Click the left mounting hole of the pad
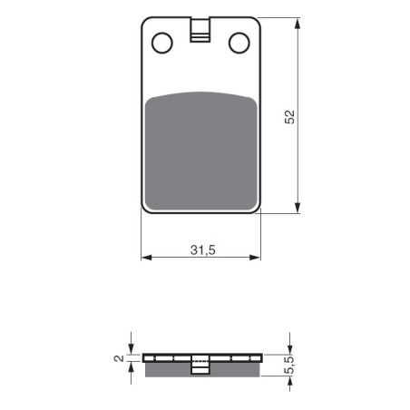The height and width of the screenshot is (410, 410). (x=162, y=43)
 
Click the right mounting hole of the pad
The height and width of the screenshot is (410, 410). (x=239, y=43)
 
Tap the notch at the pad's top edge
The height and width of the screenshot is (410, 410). (x=200, y=30)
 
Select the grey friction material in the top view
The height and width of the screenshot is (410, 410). (x=201, y=151)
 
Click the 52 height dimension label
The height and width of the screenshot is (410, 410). (x=289, y=117)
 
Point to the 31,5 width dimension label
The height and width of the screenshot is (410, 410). (x=202, y=250)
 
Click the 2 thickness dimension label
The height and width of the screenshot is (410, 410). (x=119, y=358)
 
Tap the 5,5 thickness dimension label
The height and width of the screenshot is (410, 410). (x=289, y=366)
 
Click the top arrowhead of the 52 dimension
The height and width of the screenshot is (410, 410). (x=298, y=24)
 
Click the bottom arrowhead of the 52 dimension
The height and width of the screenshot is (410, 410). (x=298, y=208)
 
